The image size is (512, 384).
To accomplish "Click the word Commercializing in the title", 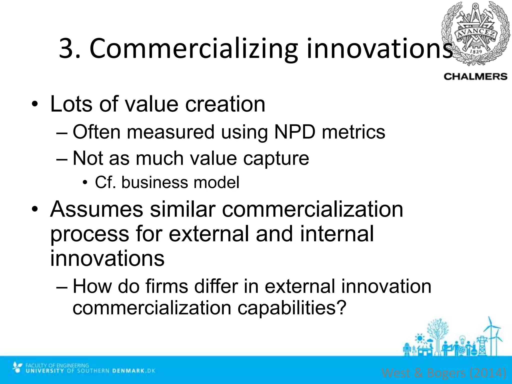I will [x=193, y=49].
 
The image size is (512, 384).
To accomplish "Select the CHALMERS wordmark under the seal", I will [x=475, y=76].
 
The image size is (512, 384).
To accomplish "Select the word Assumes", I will [x=96, y=209].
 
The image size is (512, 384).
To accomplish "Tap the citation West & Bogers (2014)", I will [x=444, y=373].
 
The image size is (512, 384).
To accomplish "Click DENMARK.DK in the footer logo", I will [x=134, y=370].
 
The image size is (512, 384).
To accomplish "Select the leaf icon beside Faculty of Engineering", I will [x=17, y=367].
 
